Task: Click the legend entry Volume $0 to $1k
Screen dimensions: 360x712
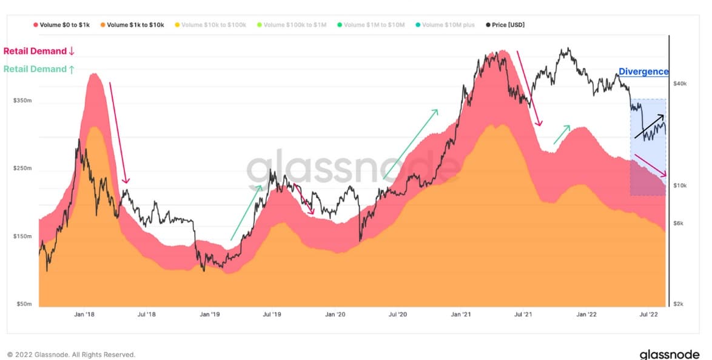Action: coord(63,25)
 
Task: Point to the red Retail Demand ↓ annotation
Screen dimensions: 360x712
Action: coord(39,51)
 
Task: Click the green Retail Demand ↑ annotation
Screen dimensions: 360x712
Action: coord(39,69)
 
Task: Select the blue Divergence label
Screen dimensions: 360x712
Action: coord(643,72)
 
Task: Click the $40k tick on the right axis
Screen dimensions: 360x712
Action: coord(680,84)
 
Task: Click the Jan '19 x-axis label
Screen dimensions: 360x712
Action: coord(209,315)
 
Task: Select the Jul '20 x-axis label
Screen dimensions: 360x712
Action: coord(397,315)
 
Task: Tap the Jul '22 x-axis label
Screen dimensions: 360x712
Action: coord(649,315)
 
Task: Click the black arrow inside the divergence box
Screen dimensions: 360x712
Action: coord(650,126)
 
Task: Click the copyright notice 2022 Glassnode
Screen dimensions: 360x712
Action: coord(71,355)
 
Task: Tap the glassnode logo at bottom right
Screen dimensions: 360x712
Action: coord(670,354)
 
